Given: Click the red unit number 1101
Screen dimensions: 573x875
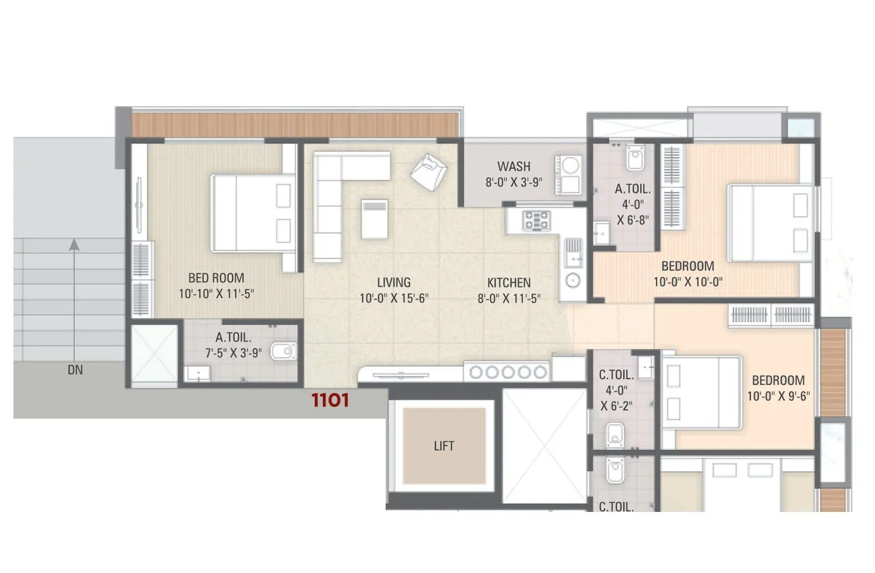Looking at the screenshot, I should pos(330,400).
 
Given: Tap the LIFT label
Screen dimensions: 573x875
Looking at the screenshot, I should pos(444,446).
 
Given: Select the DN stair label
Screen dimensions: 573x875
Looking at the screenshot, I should pos(75,370).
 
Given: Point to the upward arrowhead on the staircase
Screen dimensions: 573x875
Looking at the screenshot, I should pos(74,245).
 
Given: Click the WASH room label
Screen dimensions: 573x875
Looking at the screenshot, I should pos(513,166).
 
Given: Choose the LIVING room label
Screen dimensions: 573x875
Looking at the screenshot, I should pos(394,283).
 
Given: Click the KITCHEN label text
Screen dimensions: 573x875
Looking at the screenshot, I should pos(508,283).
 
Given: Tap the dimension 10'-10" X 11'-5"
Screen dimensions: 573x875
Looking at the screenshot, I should pos(216,294).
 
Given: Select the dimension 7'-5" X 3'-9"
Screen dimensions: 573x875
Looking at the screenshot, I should pos(233,353).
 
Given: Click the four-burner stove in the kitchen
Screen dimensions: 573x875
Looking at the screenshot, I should pos(536,220).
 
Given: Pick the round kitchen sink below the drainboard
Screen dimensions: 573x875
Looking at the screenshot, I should pos(572,281).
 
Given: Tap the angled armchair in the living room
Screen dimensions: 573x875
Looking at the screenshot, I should pos(428,171).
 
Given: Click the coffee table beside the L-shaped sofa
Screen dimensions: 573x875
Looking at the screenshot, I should pos(374,219).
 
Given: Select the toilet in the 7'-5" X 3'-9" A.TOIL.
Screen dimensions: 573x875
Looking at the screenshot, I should pos(282,351).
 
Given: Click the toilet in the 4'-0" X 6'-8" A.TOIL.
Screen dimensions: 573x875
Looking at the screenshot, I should pos(635,159).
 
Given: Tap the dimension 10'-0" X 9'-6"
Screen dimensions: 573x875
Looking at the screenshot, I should pos(778,396).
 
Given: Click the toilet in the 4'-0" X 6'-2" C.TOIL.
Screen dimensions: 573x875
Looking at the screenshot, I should pos(615,434).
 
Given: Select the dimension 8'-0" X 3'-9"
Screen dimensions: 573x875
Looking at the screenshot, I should pos(513,182).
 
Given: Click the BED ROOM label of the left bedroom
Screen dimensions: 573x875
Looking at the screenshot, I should pos(216,278).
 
